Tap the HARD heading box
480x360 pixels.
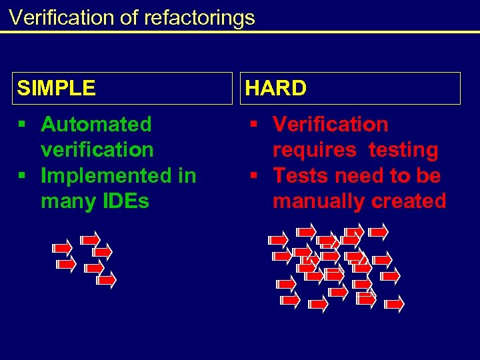tap(350, 88)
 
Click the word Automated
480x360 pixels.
tap(97, 124)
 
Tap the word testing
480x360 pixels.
tap(404, 150)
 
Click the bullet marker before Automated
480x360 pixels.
tap(22, 125)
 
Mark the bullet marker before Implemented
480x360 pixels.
tap(22, 176)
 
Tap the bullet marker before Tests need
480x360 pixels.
tap(254, 176)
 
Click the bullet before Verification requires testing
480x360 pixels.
tap(254, 125)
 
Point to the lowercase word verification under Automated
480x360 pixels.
tap(97, 150)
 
